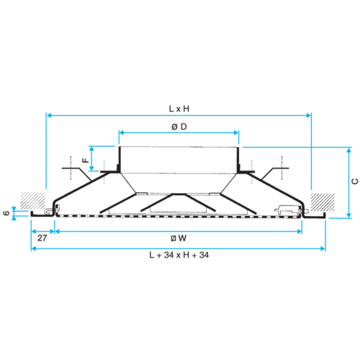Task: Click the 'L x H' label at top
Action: point(179,109)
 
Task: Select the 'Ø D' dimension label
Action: point(179,127)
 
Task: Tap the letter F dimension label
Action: point(86,160)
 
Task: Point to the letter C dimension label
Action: point(355,181)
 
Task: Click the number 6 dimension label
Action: point(6,213)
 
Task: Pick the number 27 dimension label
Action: point(42,238)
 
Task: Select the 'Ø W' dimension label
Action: point(179,238)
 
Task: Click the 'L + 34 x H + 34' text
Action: point(179,255)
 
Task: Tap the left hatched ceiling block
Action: point(33,201)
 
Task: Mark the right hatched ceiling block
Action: point(323,202)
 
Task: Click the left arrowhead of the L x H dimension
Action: point(49,115)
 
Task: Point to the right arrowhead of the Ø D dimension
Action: point(236,132)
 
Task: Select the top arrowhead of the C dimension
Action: point(349,150)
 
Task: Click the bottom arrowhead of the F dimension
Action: point(91,168)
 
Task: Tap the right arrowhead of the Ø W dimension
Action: point(300,231)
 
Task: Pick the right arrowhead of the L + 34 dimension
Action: point(323,248)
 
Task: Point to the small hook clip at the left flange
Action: point(48,211)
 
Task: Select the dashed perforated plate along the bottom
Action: point(179,217)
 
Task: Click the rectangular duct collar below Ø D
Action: point(179,160)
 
